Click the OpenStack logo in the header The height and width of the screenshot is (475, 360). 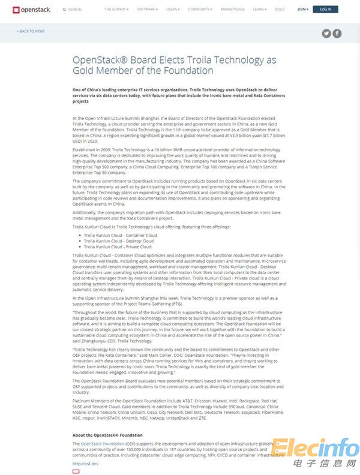(32, 10)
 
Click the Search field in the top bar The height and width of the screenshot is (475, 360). (74, 10)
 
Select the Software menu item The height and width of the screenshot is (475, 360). (147, 10)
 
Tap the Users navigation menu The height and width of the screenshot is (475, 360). (173, 10)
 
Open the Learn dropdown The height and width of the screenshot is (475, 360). (260, 10)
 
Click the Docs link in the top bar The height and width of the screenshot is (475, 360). (280, 10)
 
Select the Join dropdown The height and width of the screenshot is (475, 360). (302, 10)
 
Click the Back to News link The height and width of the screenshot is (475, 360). (31, 31)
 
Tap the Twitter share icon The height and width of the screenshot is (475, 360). (326, 34)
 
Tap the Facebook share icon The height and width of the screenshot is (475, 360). (337, 34)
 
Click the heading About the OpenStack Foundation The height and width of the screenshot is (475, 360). (107, 435)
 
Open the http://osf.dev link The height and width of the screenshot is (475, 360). (85, 463)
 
